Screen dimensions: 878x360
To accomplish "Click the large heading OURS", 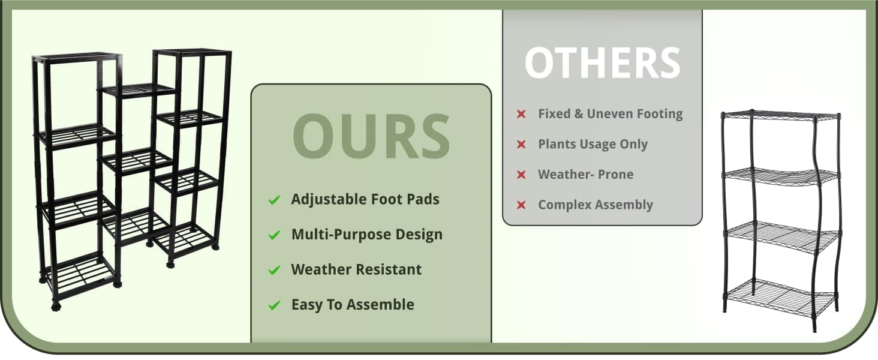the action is (x=371, y=136).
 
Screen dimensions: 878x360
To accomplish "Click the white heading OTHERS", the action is (x=603, y=63).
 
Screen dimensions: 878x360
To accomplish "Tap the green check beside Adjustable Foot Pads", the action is (x=275, y=200).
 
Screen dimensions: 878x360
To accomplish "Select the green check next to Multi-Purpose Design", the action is (x=275, y=235).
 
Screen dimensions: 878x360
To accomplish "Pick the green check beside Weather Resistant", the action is (x=275, y=270).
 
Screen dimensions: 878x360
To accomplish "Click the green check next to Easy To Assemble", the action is (x=275, y=305).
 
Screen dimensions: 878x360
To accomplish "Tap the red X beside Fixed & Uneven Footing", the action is (x=521, y=114).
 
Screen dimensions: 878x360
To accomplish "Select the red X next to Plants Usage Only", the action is (x=521, y=145).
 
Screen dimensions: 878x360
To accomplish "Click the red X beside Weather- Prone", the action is (x=521, y=175).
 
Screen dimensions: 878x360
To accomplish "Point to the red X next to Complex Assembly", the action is (x=521, y=205).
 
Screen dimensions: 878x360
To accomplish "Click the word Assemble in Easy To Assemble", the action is (x=380, y=305).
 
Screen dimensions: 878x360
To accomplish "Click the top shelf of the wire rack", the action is (x=781, y=116).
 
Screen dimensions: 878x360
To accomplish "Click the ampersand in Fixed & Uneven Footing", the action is (x=579, y=114).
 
